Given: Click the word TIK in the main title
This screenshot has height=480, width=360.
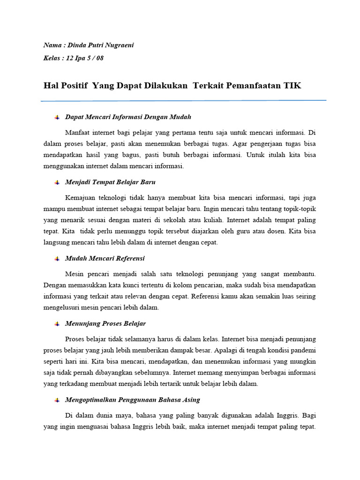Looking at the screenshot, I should tap(293, 85).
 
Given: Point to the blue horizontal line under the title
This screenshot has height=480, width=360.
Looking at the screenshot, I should tap(183, 100).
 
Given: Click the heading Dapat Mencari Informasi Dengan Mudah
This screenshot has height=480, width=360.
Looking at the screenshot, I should tap(128, 117).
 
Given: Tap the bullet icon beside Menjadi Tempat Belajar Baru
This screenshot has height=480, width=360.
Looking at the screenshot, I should tap(57, 182).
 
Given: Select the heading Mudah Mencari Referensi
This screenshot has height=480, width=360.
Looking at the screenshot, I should tap(105, 258).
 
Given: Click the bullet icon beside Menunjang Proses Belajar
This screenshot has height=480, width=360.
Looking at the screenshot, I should tap(57, 324).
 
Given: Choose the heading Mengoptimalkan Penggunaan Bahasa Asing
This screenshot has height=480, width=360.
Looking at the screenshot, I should tap(133, 400).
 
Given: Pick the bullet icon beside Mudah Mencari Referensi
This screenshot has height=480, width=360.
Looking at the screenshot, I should tap(57, 259).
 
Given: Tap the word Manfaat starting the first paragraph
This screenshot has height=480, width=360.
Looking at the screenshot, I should tap(78, 132).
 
